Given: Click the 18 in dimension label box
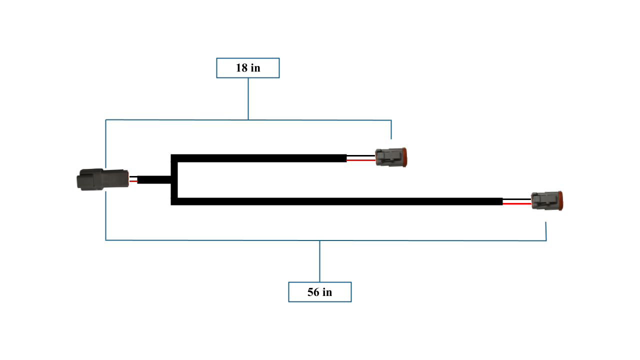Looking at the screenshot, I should point(247,68).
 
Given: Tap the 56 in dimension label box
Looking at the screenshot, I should point(319,292).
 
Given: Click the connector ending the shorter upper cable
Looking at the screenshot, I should point(391,157).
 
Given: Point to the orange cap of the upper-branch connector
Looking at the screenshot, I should point(404,157).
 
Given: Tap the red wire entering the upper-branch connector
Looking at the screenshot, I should point(361,160).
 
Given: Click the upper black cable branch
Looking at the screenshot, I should point(260,158).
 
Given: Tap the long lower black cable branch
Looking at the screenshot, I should point(340,201).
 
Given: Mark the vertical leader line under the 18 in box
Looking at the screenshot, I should point(248,98).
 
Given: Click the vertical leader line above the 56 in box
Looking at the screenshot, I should point(319,261).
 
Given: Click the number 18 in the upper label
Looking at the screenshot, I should point(241,68).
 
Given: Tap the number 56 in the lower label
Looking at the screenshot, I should point(313,292).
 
